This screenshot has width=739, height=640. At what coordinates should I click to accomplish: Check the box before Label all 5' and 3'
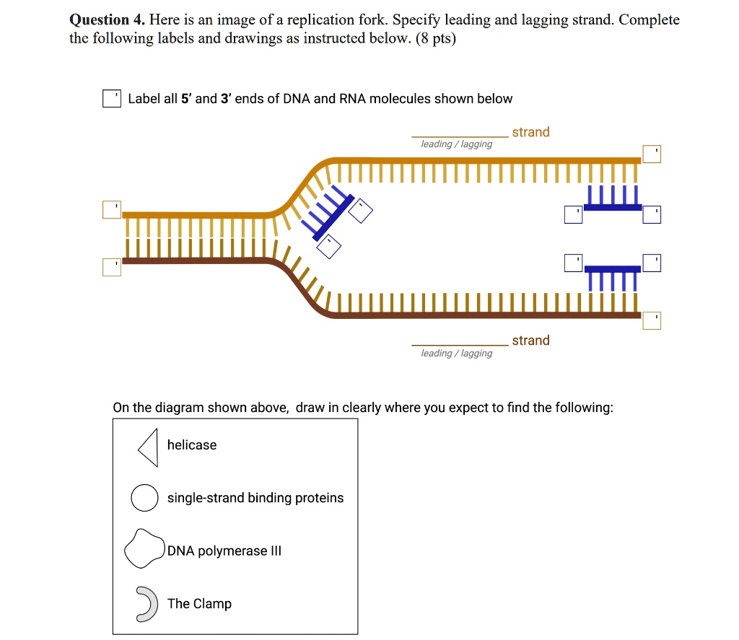[111, 99]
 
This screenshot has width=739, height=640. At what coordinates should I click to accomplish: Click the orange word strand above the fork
[530, 132]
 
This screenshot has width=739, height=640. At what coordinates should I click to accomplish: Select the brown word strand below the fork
[530, 341]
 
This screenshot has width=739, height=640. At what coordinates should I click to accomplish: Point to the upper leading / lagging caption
[456, 144]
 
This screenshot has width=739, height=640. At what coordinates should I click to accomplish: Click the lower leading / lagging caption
[456, 353]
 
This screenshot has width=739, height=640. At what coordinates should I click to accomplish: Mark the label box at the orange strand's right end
[652, 154]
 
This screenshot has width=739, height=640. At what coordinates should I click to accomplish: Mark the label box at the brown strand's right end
[652, 320]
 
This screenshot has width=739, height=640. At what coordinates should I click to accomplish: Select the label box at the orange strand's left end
[112, 209]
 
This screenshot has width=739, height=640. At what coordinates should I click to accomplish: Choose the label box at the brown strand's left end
[112, 267]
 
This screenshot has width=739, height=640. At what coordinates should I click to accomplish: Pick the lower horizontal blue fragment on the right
[612, 271]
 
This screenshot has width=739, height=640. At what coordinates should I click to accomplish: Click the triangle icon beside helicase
[149, 447]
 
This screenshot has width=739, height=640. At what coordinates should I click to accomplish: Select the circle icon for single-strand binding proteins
[144, 498]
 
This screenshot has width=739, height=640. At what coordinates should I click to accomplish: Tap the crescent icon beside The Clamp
[147, 604]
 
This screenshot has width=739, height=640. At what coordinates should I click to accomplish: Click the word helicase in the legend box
[192, 445]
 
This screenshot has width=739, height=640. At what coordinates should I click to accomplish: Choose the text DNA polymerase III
[224, 551]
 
